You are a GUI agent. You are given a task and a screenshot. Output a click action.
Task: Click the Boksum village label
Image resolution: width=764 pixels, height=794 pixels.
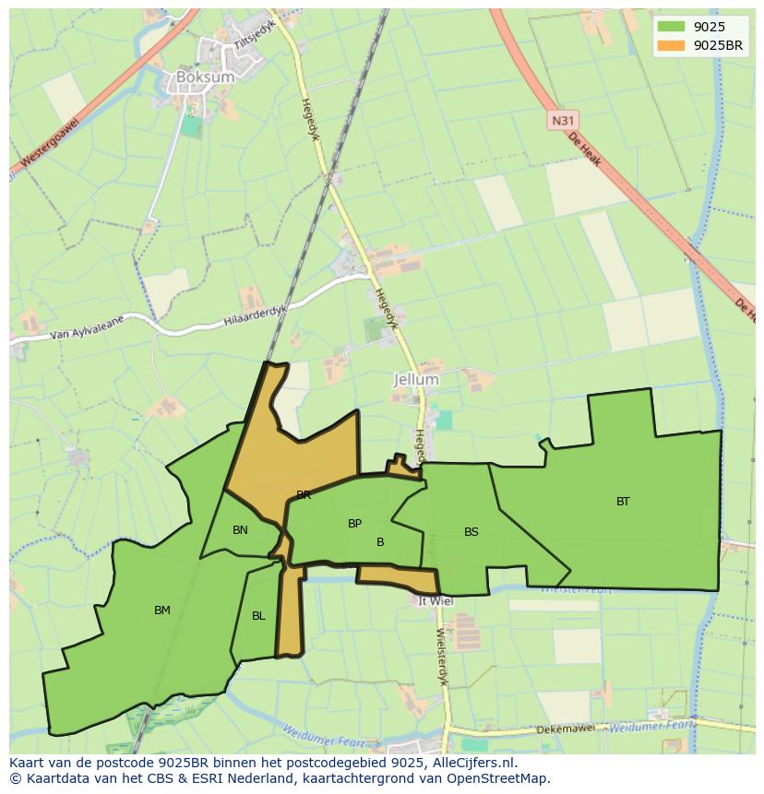(205, 77)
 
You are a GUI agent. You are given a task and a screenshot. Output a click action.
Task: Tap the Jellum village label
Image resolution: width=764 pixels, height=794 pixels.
(416, 379)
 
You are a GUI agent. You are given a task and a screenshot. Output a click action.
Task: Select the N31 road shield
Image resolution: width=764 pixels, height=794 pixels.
(561, 121)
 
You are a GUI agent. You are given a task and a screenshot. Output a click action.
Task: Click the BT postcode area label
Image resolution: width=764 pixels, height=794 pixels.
(623, 502)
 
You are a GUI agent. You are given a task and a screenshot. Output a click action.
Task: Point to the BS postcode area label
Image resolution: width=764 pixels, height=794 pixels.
(472, 532)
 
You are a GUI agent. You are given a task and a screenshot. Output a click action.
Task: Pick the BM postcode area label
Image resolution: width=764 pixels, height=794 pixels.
(162, 610)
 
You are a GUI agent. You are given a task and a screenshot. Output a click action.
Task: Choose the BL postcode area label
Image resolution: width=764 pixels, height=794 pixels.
(258, 616)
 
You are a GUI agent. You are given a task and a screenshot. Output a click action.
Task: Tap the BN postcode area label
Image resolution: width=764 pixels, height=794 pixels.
(240, 530)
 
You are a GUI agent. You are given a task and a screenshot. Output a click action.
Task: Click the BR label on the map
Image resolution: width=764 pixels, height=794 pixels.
(304, 495)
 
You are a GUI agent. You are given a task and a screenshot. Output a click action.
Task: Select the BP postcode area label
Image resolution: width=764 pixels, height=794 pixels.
(354, 524)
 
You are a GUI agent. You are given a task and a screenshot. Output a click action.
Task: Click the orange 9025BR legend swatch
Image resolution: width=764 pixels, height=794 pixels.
(672, 45)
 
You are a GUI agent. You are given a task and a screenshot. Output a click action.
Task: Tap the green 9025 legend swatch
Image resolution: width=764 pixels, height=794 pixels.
(672, 27)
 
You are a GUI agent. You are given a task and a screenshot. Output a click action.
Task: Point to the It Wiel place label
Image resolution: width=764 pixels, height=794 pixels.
(436, 601)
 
